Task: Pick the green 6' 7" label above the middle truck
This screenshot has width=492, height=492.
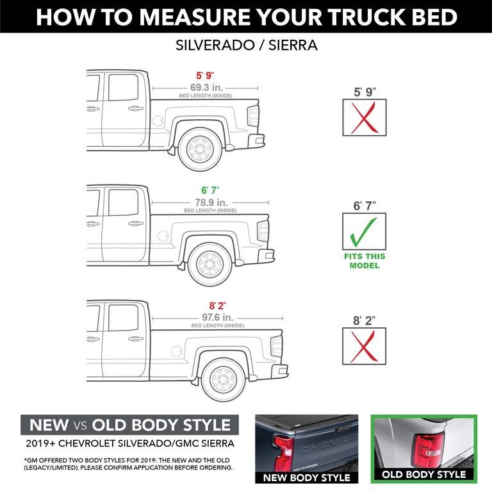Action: point(209,190)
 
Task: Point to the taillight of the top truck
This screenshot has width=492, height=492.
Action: point(253,116)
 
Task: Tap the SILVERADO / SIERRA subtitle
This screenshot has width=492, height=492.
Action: point(246,46)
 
